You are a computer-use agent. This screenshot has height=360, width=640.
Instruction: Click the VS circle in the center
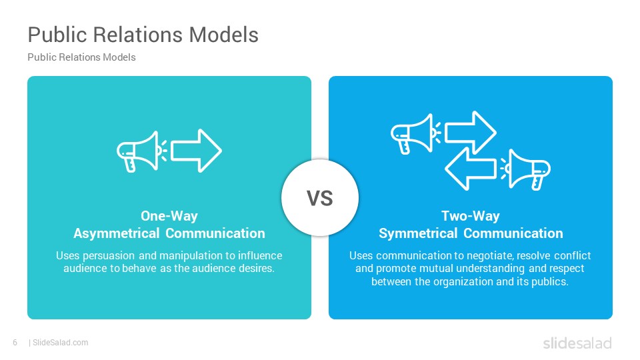[320, 197]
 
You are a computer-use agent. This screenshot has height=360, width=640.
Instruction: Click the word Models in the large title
[224, 34]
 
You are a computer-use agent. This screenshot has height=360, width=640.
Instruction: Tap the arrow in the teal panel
[196, 151]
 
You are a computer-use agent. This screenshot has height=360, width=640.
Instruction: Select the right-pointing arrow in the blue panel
[470, 133]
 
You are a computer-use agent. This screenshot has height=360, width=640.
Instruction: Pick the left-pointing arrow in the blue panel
[470, 169]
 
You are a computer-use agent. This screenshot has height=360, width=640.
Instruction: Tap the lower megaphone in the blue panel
[525, 169]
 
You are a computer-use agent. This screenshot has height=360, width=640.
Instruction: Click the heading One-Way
[169, 216]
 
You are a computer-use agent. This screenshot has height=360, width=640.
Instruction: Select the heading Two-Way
[470, 216]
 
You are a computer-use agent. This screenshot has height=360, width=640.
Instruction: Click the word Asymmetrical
[116, 233]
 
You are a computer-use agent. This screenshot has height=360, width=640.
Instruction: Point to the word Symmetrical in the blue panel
[418, 233]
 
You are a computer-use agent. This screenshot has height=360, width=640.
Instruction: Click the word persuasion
[109, 255]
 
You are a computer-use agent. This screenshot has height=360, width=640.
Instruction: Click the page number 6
[15, 343]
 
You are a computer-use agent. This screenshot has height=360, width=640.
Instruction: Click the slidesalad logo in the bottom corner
[577, 343]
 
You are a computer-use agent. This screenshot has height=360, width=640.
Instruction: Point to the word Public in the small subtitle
[41, 57]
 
